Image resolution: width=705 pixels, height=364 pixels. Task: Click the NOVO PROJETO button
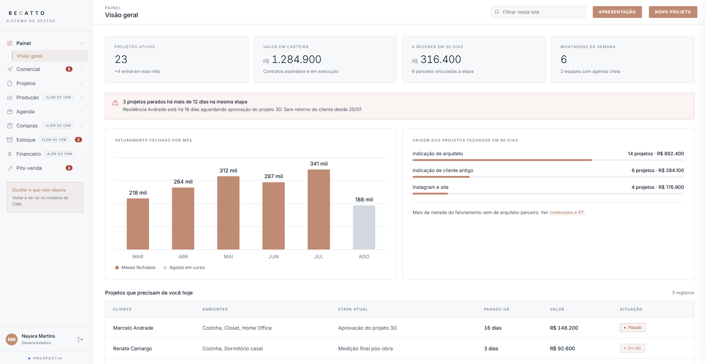tap(673, 12)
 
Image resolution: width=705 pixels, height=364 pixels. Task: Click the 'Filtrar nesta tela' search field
tap(538, 12)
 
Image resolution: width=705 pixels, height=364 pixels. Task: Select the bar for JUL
tap(319, 209)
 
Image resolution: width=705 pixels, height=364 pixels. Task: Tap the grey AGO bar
tap(364, 227)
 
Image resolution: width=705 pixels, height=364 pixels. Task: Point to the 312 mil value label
tap(228, 171)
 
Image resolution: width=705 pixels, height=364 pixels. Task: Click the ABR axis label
tap(183, 257)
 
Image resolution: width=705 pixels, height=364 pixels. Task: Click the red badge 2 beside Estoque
tap(78, 140)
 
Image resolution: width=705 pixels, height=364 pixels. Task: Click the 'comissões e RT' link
tap(567, 213)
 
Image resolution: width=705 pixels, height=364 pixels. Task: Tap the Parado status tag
tap(632, 327)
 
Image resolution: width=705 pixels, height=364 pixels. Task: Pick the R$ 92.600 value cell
tap(562, 348)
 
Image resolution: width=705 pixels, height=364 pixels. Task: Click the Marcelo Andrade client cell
tap(133, 328)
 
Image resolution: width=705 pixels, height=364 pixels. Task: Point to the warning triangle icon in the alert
tap(115, 103)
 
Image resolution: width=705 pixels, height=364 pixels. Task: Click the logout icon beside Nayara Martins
tap(80, 339)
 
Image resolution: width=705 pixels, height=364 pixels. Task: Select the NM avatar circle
tap(12, 339)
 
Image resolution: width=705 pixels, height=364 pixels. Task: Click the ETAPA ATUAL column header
tap(353, 309)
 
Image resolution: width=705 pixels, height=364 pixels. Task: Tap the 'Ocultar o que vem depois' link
tap(39, 190)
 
